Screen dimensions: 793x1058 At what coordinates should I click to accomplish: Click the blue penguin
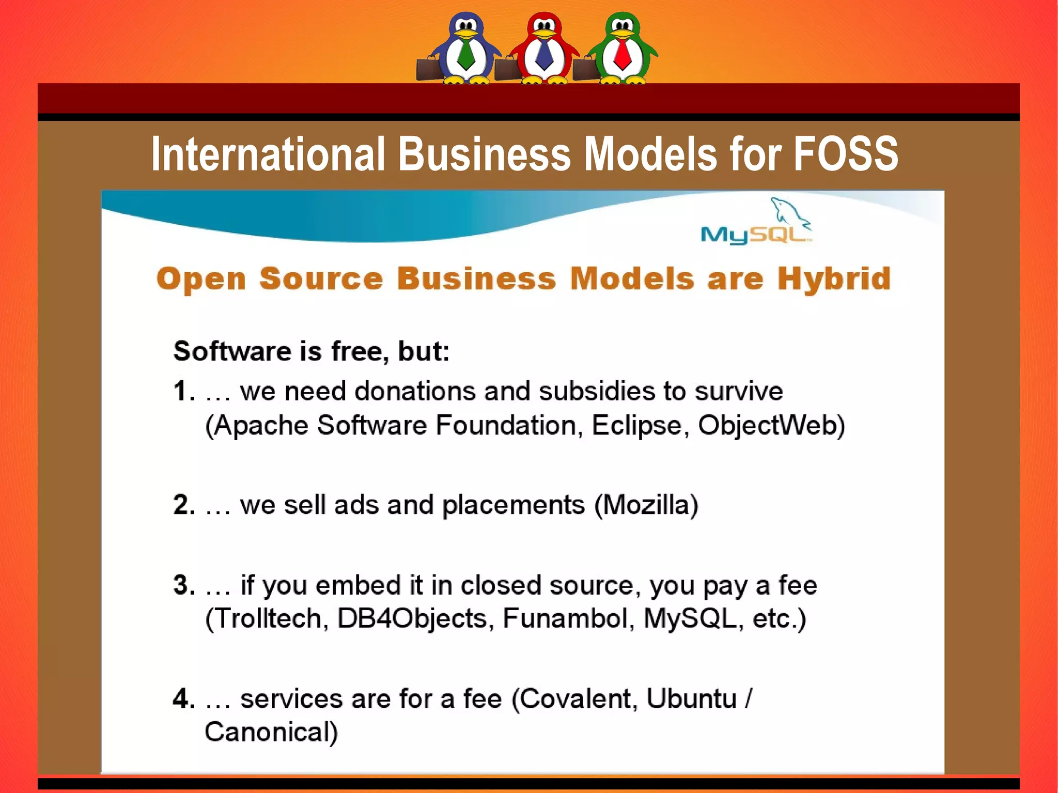pyautogui.click(x=466, y=49)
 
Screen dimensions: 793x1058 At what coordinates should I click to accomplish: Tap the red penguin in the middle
pyautogui.click(x=544, y=49)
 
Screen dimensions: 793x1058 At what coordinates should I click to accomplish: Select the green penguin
pyautogui.click(x=622, y=49)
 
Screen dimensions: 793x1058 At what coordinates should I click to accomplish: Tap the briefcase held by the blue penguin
pyautogui.click(x=428, y=68)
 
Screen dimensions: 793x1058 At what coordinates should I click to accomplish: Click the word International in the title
pyautogui.click(x=268, y=154)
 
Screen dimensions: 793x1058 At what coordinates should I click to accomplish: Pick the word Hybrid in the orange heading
pyautogui.click(x=834, y=279)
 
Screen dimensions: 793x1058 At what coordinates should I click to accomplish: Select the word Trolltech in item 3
pyautogui.click(x=267, y=618)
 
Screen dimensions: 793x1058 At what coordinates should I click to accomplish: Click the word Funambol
pyautogui.click(x=565, y=618)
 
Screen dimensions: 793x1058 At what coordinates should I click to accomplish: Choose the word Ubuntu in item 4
pyautogui.click(x=691, y=699)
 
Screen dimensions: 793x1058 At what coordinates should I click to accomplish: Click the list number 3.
pyautogui.click(x=183, y=585)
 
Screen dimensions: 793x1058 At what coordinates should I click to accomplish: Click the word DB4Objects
pyautogui.click(x=412, y=618)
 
